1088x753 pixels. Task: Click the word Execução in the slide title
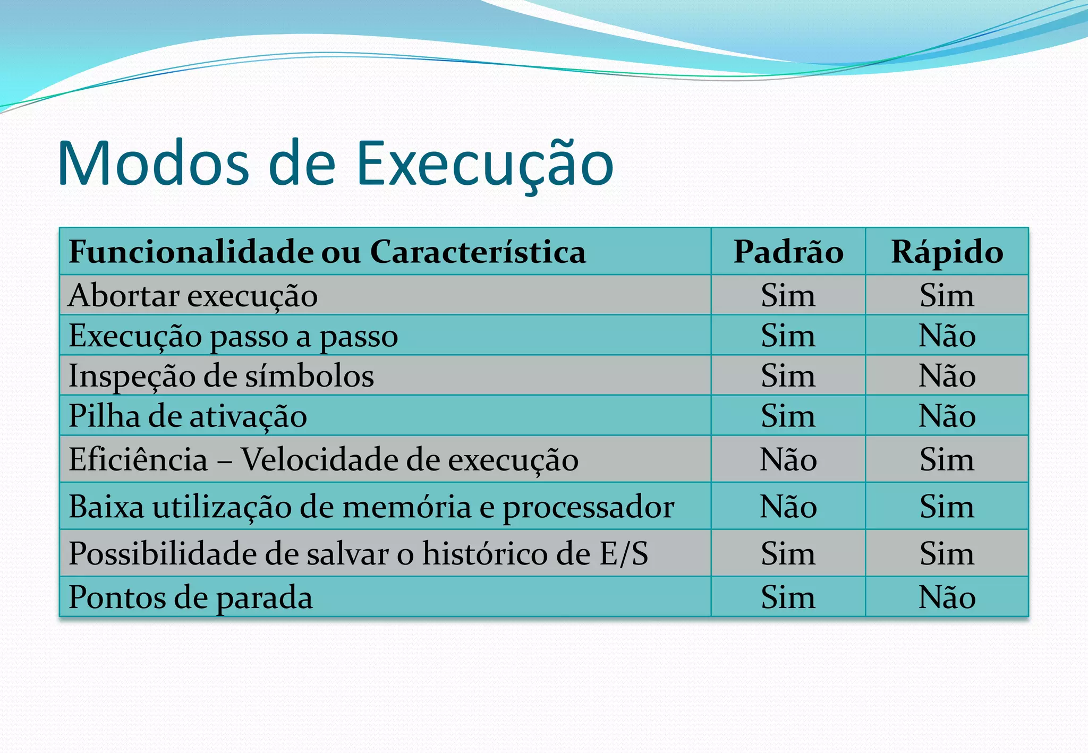(484, 164)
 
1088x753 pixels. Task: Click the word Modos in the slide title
(154, 164)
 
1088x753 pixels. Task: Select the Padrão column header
(788, 252)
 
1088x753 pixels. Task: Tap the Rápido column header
(947, 252)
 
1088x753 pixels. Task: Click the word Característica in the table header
(478, 252)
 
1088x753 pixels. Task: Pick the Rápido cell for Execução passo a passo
(947, 336)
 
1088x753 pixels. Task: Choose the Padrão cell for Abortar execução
(788, 295)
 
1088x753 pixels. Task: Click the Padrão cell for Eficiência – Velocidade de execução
(788, 459)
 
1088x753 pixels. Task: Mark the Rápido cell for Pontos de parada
(947, 597)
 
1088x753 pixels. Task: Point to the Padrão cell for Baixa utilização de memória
(788, 507)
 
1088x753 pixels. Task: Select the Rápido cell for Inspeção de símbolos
(947, 376)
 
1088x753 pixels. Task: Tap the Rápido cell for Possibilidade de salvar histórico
(947, 554)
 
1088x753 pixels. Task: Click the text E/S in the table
(624, 554)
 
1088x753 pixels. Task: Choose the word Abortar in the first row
(124, 295)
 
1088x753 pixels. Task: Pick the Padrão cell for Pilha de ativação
(788, 416)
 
